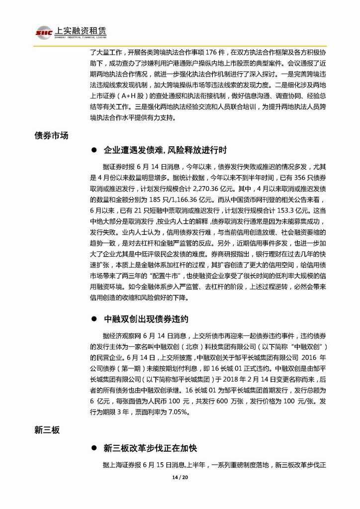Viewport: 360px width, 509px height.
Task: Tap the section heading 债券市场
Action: pos(51,135)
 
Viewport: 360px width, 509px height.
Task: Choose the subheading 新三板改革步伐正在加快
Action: pos(150,448)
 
